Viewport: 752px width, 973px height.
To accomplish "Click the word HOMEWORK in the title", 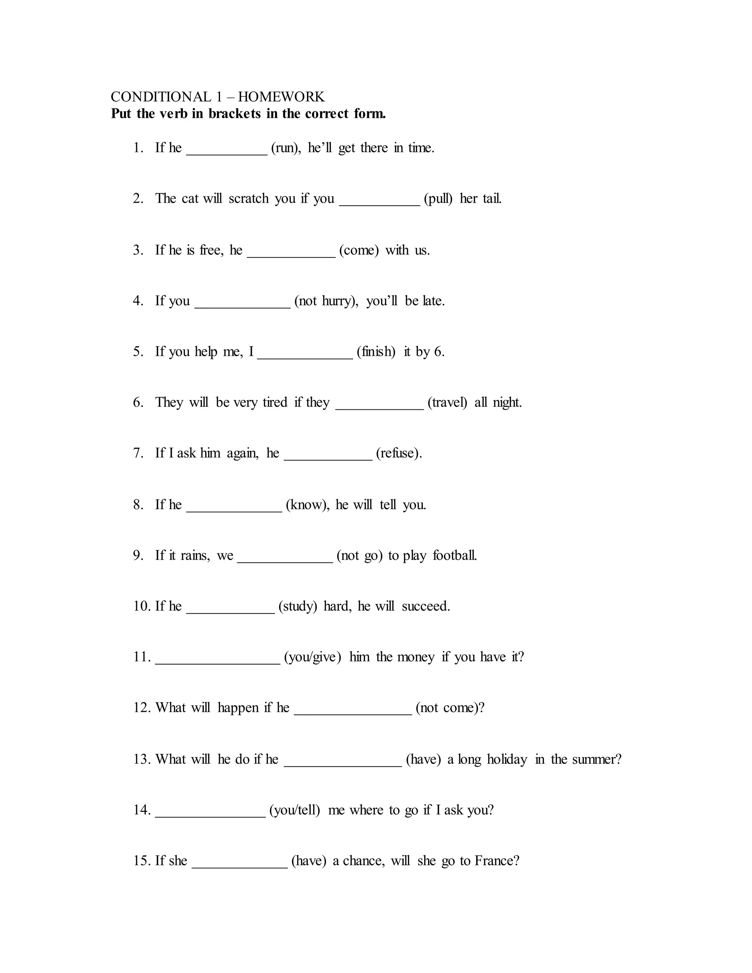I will point(281,97).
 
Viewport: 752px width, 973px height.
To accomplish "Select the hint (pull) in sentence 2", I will point(438,198).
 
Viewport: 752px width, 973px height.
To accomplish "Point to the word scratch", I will point(249,198).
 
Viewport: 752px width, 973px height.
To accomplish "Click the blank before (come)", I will point(291,255).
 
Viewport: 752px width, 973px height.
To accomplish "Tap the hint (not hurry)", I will point(326,301).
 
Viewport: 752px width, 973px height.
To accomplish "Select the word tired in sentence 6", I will point(275,402).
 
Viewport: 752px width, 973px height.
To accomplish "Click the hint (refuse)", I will point(399,453).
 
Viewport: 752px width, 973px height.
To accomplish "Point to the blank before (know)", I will point(234,510).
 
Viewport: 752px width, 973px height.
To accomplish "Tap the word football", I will point(455,556).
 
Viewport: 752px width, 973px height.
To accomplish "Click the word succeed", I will point(426,606).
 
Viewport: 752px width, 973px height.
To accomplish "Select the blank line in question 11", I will point(217,662).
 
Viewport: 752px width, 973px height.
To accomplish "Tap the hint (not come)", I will point(449,708).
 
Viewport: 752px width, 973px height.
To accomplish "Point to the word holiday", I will point(506,759).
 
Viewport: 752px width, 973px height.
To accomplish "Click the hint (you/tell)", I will point(295,810).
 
